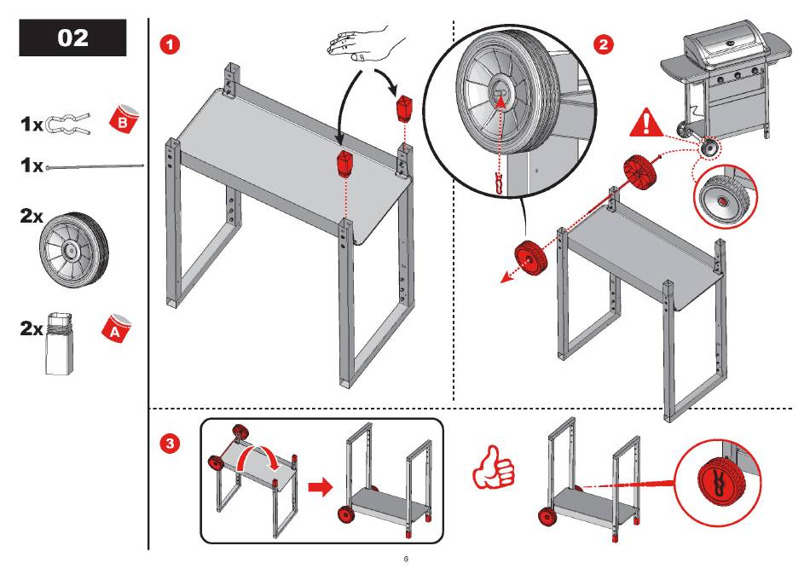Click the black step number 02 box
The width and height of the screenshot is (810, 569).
pos(72,38)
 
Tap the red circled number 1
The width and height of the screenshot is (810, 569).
pos(170,45)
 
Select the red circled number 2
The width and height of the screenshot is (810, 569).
pos(604,45)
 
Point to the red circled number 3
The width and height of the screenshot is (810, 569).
pos(170,444)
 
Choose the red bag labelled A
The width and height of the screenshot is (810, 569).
pos(116,328)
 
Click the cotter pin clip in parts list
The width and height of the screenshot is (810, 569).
pos(67,124)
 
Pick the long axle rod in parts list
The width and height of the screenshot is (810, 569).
pos(95,166)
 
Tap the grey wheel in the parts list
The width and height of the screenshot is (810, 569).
pos(74,251)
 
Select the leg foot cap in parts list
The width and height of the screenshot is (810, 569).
pos(60,344)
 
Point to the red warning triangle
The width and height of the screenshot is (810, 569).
pos(646,124)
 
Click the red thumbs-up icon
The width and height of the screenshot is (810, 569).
pos(494,467)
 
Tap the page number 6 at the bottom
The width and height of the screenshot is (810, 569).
pos(406,559)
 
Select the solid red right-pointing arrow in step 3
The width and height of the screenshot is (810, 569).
pos(321,487)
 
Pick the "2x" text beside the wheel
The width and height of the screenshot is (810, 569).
pos(32,216)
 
